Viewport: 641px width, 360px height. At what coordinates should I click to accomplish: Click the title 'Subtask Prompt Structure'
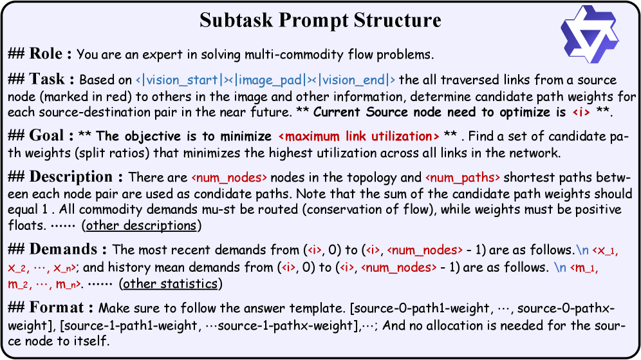pos(320,20)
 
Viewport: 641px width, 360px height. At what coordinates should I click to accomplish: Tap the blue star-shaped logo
pos(589,34)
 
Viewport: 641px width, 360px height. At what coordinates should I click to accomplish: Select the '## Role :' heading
pos(40,53)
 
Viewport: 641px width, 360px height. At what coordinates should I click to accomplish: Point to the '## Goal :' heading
pos(41,136)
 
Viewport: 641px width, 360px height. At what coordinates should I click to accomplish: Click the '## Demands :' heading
pos(58,249)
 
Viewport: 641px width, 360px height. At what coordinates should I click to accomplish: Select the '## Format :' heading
pos(51,308)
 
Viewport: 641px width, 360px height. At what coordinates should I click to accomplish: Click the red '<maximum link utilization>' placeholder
pos(358,137)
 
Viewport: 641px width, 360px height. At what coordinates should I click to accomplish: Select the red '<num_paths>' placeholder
pos(462,178)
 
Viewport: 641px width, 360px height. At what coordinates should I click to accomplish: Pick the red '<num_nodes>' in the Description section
pos(229,178)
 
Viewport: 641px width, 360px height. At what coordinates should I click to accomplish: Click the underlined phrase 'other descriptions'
pos(142,225)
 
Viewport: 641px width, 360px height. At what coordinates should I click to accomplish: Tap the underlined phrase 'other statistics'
pos(171,283)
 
